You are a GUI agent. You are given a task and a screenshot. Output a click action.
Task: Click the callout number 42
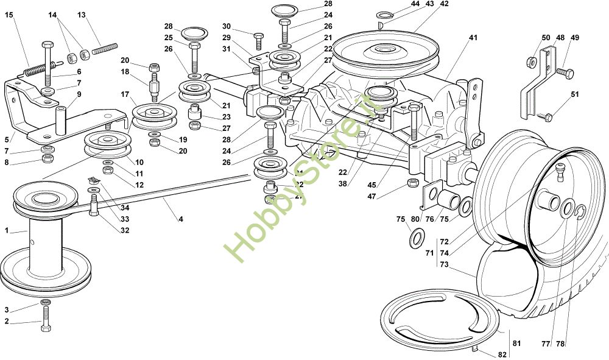pos(444,4)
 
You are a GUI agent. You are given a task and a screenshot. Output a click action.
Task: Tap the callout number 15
pos(9,14)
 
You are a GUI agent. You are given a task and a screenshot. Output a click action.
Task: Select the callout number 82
pos(502,353)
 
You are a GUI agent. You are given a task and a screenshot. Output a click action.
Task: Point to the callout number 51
pos(575,94)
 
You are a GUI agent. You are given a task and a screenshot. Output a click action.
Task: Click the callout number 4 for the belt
pos(180,219)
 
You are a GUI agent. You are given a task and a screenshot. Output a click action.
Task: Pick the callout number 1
pos(7,231)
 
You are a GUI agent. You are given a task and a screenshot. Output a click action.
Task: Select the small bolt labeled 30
pos(258,40)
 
